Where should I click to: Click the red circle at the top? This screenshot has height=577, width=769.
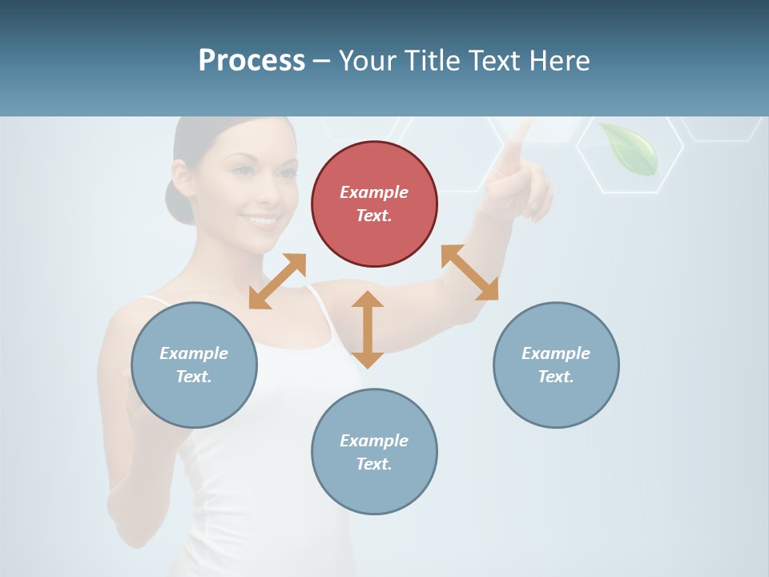[x=374, y=204]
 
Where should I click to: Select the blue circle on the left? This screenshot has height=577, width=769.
[x=194, y=365]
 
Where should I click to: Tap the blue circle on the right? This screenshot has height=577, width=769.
[x=556, y=365]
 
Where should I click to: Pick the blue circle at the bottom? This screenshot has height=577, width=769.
[x=374, y=452]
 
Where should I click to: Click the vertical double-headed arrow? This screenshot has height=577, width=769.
[x=368, y=329]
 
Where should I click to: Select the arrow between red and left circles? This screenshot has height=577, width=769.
[x=277, y=281]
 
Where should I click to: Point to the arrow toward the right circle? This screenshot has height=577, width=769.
[x=470, y=272]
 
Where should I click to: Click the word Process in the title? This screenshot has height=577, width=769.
[x=252, y=60]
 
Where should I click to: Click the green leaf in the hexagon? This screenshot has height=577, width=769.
[x=630, y=148]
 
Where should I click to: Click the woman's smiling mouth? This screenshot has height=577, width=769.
[x=260, y=219]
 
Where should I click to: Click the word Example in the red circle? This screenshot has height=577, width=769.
[x=374, y=192]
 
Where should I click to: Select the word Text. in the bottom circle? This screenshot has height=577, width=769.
[x=374, y=464]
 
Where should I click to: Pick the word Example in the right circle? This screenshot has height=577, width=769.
[x=556, y=353]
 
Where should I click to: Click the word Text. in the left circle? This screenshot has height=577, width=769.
[x=194, y=377]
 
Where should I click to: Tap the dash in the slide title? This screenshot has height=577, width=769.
[x=322, y=61]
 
